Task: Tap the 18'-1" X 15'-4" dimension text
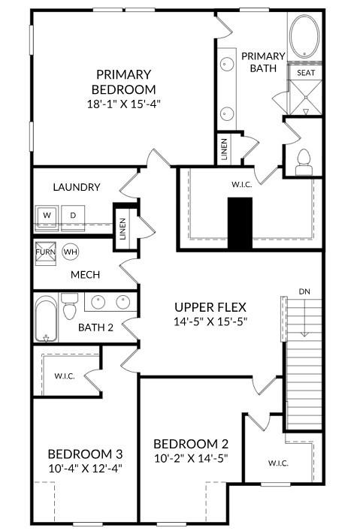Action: click(x=123, y=104)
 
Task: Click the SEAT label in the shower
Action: click(x=306, y=73)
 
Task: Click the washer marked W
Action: click(x=47, y=216)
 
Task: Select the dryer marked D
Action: click(x=73, y=216)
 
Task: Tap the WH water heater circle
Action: click(x=71, y=251)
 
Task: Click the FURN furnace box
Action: click(x=45, y=252)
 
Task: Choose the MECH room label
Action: click(x=86, y=275)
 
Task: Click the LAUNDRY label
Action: click(x=77, y=187)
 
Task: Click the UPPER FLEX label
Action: click(x=210, y=306)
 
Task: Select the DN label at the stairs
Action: click(x=304, y=291)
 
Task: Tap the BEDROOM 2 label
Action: click(x=190, y=443)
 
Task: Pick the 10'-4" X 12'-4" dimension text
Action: click(x=84, y=468)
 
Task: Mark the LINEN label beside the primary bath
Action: click(x=224, y=148)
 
